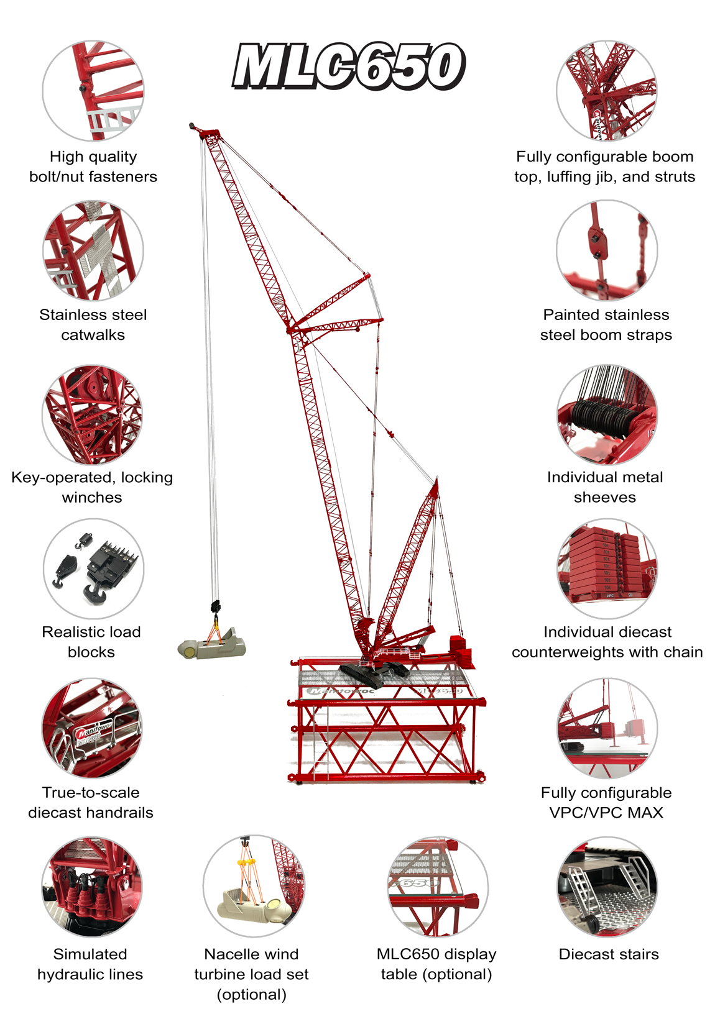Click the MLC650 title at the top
click(349, 66)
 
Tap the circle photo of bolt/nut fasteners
click(93, 91)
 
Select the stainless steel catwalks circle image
click(93, 250)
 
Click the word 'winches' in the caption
click(92, 498)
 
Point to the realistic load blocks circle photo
click(93, 568)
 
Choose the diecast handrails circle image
click(93, 728)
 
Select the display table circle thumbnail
click(438, 887)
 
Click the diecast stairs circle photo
click(607, 887)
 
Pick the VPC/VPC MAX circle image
click(607, 728)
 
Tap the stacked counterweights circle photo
click(607, 568)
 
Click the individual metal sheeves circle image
click(607, 414)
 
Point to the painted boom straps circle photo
click(607, 250)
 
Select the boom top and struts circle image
click(607, 91)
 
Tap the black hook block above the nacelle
click(215, 607)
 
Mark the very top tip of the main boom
click(191, 124)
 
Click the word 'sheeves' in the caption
click(605, 498)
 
